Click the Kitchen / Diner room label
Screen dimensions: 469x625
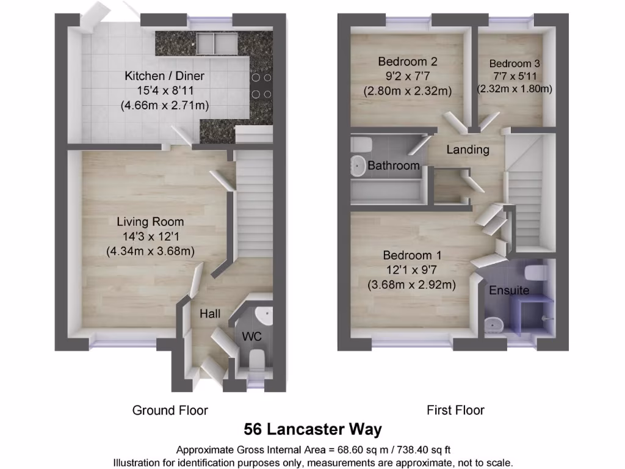(x=164, y=76)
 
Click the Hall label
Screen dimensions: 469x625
(x=210, y=313)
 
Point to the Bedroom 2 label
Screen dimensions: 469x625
(x=407, y=62)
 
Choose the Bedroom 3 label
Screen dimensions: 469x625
(x=514, y=64)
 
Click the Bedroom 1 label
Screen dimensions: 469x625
(x=412, y=255)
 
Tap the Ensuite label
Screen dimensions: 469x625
(x=509, y=291)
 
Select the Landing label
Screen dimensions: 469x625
(x=468, y=150)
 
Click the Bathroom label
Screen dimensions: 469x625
(x=394, y=165)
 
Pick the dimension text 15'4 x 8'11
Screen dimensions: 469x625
(x=164, y=91)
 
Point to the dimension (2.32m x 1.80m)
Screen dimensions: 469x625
(x=514, y=89)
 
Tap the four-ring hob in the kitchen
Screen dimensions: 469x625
(x=261, y=85)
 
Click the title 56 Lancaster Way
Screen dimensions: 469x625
(x=312, y=429)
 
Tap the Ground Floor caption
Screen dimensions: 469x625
(x=170, y=410)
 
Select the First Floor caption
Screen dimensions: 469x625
(x=455, y=410)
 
